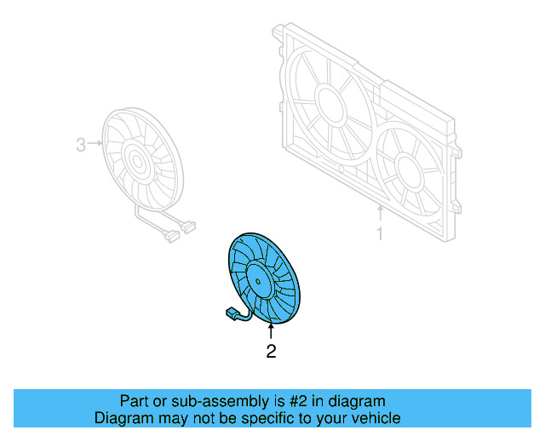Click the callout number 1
380,232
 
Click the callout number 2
271,350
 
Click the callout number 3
81,145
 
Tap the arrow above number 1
380,212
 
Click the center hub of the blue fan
256,278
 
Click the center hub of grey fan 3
134,158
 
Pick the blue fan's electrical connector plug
232,316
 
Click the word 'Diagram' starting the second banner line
121,418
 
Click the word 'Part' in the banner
134,401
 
